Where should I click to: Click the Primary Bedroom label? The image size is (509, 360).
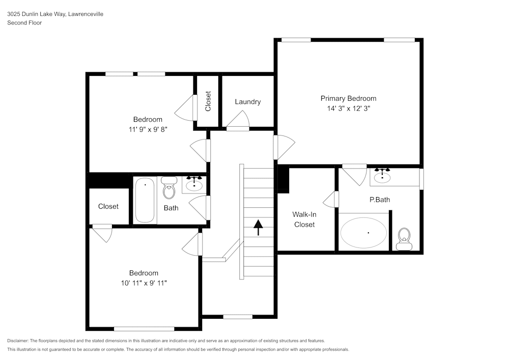pyautogui.click(x=348, y=98)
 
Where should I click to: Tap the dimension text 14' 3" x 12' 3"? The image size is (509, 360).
pyautogui.click(x=348, y=108)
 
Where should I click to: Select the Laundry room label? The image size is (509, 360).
pyautogui.click(x=247, y=102)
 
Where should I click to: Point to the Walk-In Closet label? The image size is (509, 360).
pyautogui.click(x=304, y=219)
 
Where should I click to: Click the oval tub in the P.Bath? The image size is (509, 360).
pyautogui.click(x=363, y=233)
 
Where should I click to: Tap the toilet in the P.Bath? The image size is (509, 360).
pyautogui.click(x=405, y=238)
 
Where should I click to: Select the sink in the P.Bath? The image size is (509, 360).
pyautogui.click(x=382, y=176)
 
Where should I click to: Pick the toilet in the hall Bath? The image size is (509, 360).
pyautogui.click(x=168, y=189)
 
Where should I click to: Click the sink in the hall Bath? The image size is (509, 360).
pyautogui.click(x=194, y=184)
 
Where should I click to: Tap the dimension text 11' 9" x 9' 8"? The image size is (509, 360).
pyautogui.click(x=148, y=129)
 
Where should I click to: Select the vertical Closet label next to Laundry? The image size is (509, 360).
pyautogui.click(x=208, y=101)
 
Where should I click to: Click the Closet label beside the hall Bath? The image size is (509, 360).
pyautogui.click(x=108, y=206)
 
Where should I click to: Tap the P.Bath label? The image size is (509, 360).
pyautogui.click(x=379, y=200)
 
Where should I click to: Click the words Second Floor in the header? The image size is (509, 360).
pyautogui.click(x=24, y=23)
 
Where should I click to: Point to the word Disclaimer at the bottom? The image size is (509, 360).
pyautogui.click(x=18, y=341)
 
